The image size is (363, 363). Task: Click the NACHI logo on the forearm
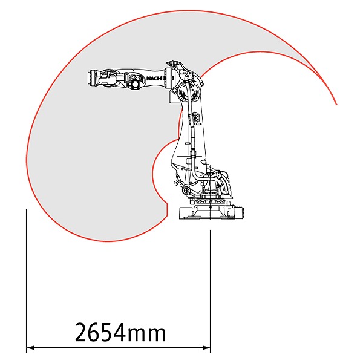154,79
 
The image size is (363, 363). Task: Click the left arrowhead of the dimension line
30,347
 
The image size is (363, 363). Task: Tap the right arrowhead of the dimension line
206,347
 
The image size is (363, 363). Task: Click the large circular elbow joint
189,91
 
